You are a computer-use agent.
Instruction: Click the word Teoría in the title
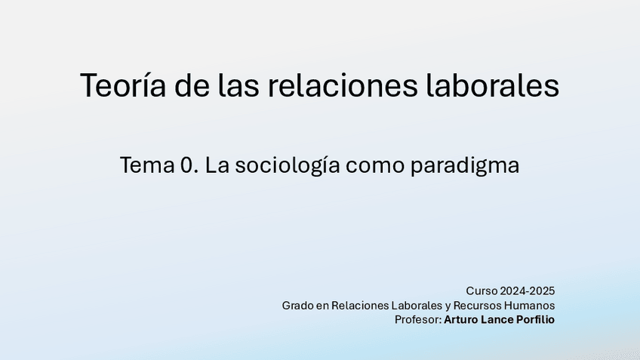(123, 85)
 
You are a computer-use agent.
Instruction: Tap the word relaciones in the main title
(343, 85)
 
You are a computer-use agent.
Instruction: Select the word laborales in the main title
(492, 85)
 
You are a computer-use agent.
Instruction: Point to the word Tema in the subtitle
(147, 165)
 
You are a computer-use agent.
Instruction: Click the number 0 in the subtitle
(187, 165)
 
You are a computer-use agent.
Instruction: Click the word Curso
(482, 291)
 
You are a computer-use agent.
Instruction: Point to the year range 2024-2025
(528, 291)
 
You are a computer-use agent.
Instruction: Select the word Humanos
(529, 306)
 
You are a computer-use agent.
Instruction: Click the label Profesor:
(418, 319)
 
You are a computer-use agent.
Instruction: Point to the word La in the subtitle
(217, 165)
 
